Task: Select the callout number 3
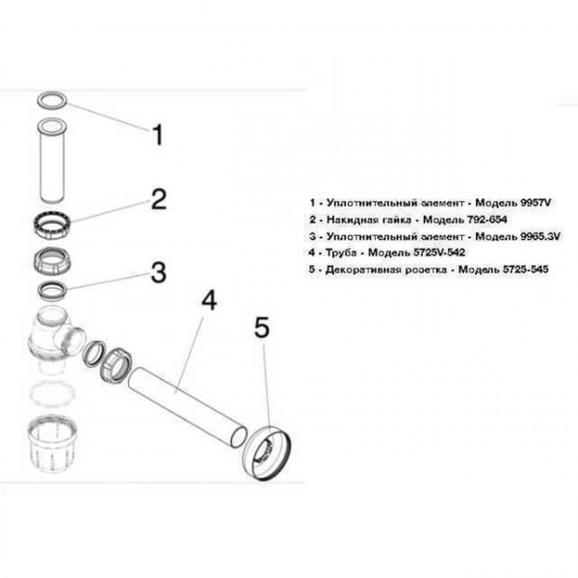[x=159, y=274]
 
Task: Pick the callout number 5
[x=261, y=329]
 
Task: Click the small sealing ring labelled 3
[x=51, y=288]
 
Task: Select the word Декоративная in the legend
[x=361, y=268]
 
